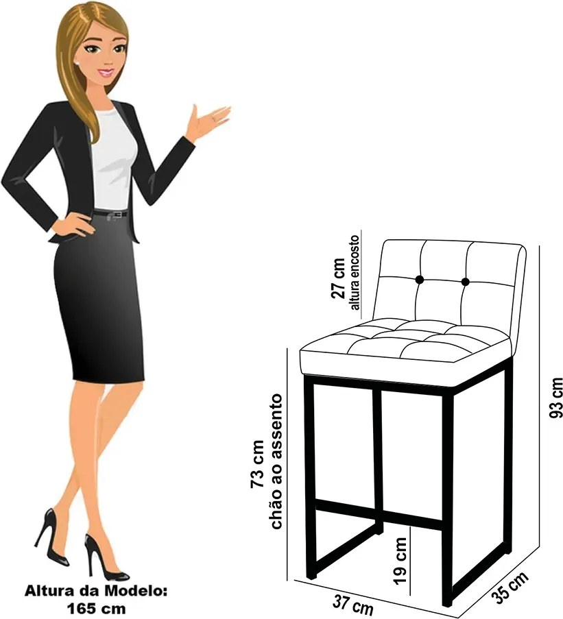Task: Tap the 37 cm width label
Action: click(x=352, y=605)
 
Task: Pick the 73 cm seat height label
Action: click(x=257, y=464)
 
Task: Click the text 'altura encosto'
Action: click(x=355, y=273)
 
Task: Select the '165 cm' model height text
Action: click(x=96, y=607)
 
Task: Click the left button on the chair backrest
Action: click(x=419, y=280)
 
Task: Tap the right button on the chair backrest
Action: click(x=465, y=282)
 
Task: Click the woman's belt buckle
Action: click(x=117, y=215)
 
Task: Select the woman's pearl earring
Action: click(x=77, y=62)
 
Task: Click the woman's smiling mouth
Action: click(x=107, y=73)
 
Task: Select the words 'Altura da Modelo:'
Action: click(x=96, y=591)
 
